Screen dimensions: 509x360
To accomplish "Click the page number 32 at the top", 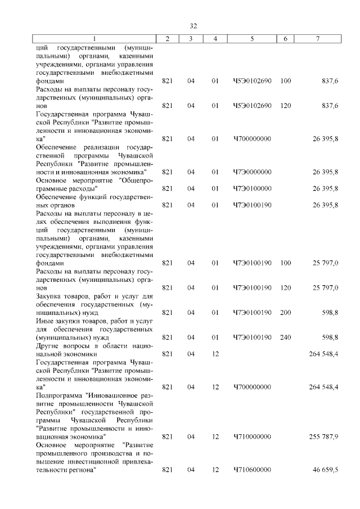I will coord(193,26).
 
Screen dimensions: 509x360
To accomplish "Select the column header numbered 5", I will coord(252,39).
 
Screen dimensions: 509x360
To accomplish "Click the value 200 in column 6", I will coord(285,312).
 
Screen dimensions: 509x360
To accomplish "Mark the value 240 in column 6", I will coord(285,337).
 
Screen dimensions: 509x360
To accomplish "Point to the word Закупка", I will coord(50,296).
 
